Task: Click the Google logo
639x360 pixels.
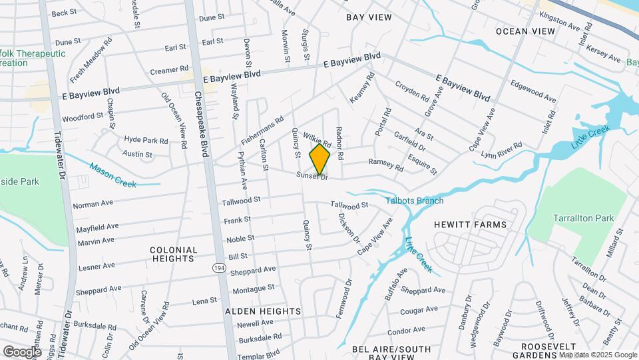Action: point(22,351)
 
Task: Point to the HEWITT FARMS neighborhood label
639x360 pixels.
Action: point(471,225)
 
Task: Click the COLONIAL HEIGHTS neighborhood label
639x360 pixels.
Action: point(174,254)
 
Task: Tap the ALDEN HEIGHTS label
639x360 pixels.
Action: point(263,311)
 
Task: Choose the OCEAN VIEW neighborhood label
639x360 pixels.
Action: point(525,31)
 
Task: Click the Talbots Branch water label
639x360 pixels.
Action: point(414,201)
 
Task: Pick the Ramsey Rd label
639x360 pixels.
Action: point(386,164)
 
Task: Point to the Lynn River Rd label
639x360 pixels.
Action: point(502,150)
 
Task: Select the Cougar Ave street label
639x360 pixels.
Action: point(419,310)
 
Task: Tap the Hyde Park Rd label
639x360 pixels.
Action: point(146,140)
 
